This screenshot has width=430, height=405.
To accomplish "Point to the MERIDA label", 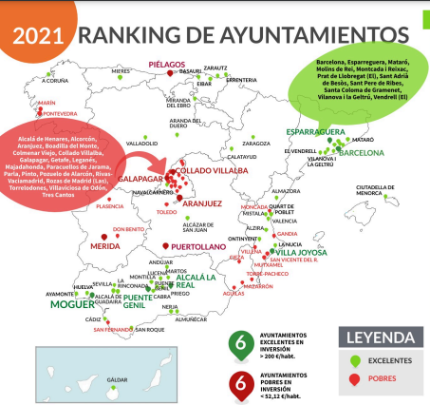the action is click(x=105, y=245).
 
